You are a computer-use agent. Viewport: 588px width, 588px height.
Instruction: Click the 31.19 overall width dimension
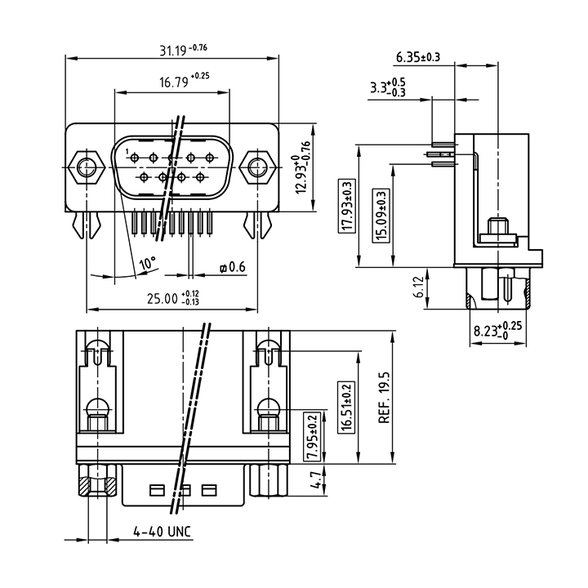pos(184,50)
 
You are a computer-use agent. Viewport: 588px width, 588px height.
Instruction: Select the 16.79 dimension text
pos(184,80)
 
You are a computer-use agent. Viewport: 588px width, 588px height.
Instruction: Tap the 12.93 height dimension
pos(303,167)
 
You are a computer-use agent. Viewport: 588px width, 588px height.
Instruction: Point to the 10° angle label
pos(147,263)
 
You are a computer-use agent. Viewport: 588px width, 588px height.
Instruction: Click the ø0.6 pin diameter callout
pos(233,267)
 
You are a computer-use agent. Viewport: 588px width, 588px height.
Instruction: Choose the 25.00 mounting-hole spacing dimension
pos(173,298)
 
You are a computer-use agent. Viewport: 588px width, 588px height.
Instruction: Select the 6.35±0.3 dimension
pos(418,57)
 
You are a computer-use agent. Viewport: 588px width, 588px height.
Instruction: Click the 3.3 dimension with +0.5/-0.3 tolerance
pos(388,87)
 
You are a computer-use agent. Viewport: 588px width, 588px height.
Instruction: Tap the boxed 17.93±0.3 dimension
pos(347,206)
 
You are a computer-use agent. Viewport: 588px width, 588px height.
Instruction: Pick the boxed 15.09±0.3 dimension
pos(381,216)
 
